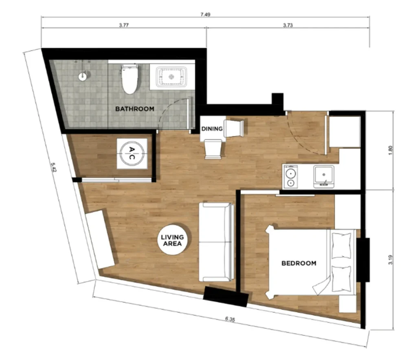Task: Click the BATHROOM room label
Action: (x=134, y=109)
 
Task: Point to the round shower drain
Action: (x=83, y=76)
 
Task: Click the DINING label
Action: (x=212, y=129)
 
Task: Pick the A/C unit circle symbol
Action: (x=131, y=154)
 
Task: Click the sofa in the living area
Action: (x=216, y=242)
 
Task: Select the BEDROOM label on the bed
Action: (x=299, y=263)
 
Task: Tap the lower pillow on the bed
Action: (x=341, y=279)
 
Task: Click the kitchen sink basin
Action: (x=323, y=176)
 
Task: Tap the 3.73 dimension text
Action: (x=288, y=25)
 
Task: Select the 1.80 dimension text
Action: (x=391, y=150)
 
